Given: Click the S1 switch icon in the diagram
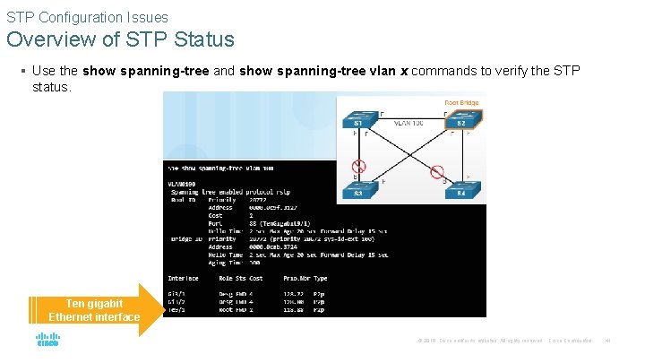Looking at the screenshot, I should point(357,122).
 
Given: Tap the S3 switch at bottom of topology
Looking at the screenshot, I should point(357,191).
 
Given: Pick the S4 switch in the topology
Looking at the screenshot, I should point(460,191).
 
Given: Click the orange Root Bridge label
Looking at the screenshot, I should point(461,103).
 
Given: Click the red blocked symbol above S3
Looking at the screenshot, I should point(358,166).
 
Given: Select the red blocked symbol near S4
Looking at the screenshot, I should point(437,172).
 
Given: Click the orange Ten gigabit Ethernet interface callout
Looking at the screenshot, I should point(94,310).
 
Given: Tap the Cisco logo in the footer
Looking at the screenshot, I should point(47,341).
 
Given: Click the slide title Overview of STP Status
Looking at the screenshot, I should point(120,39).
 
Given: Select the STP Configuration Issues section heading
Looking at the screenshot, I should point(87,17).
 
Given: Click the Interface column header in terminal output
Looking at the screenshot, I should point(184,278).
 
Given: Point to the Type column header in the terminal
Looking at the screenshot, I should point(321,278).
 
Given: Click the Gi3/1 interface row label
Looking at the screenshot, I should point(176,292).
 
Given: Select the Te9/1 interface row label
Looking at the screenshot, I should point(176,309).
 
